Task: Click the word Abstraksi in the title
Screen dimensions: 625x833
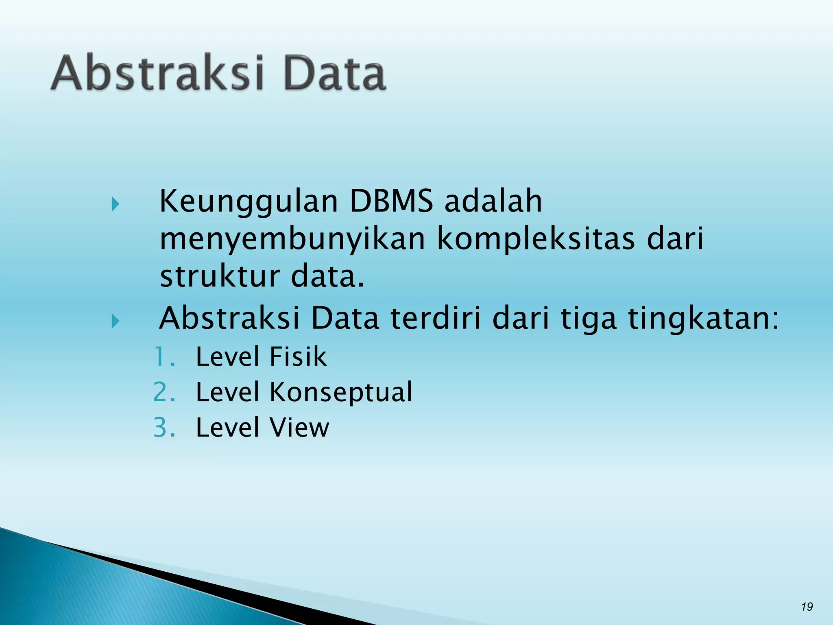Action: pyautogui.click(x=158, y=73)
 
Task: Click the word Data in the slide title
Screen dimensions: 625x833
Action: pyautogui.click(x=334, y=73)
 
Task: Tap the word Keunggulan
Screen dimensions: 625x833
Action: pyautogui.click(x=248, y=202)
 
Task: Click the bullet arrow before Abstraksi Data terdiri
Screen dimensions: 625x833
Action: pyautogui.click(x=116, y=321)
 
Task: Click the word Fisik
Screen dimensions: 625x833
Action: pyautogui.click(x=298, y=357)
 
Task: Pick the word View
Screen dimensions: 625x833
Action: pyautogui.click(x=299, y=428)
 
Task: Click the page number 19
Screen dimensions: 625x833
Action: pyautogui.click(x=807, y=607)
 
